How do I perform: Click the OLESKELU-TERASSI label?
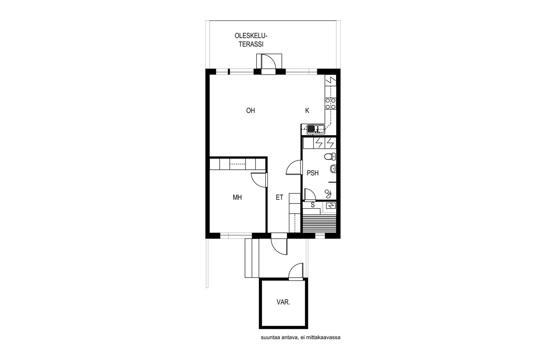coord(251,40)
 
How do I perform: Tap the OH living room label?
coord(250,111)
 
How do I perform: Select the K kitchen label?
coord(307,111)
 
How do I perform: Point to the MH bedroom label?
coord(237,198)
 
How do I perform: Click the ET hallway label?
coord(279,198)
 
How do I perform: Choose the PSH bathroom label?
coord(313,173)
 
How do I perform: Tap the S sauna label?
coord(313,205)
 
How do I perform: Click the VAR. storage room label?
coord(283,302)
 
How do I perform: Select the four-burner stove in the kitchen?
coord(330,104)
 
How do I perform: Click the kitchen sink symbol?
coord(316,129)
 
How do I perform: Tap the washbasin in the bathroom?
coord(333,169)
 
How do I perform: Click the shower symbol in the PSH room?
coord(328,194)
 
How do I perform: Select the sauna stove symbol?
coord(331,205)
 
